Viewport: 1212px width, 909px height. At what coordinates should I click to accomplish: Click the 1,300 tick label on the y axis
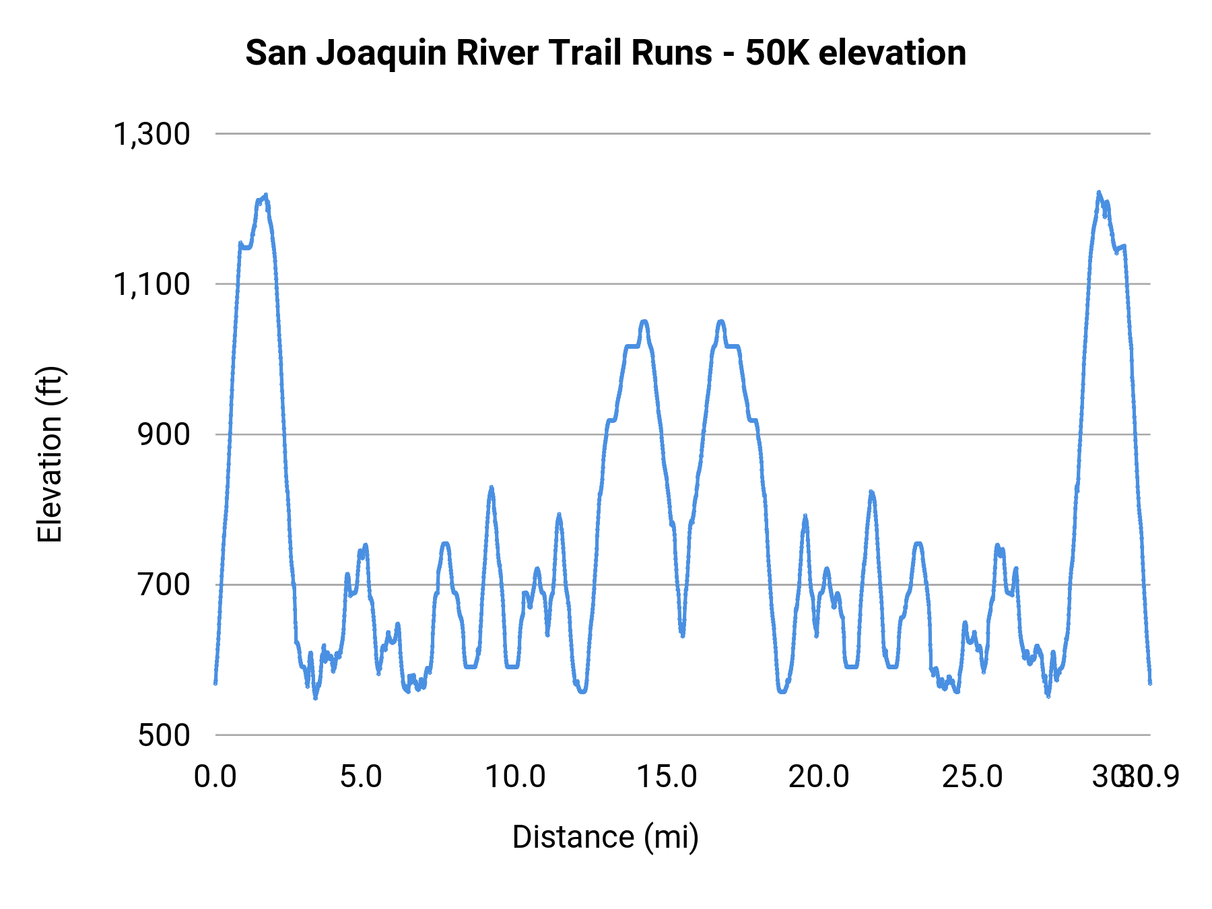pyautogui.click(x=151, y=134)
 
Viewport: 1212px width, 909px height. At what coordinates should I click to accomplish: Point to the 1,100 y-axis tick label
pyautogui.click(x=151, y=284)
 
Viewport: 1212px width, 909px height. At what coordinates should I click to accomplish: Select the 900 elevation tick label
pyautogui.click(x=164, y=434)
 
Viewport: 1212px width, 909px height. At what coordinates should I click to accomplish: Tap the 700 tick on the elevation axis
pyautogui.click(x=164, y=584)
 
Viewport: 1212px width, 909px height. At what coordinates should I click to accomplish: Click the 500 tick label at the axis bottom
pyautogui.click(x=164, y=735)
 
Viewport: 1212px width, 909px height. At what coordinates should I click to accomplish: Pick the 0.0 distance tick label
pyautogui.click(x=215, y=776)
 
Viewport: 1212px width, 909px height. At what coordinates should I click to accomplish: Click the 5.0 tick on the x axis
pyautogui.click(x=361, y=776)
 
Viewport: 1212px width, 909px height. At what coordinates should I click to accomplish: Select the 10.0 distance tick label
pyautogui.click(x=515, y=776)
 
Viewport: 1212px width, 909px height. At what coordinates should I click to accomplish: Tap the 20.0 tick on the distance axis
pyautogui.click(x=819, y=776)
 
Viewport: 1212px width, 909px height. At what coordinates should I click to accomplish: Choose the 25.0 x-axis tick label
pyautogui.click(x=972, y=776)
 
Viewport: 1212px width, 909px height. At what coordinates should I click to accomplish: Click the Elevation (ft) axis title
pyautogui.click(x=50, y=454)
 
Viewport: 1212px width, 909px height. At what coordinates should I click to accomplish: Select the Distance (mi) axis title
pyautogui.click(x=605, y=837)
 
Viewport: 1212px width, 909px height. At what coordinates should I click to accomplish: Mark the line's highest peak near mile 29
pyautogui.click(x=1098, y=193)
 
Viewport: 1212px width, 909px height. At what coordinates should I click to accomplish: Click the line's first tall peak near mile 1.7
pyautogui.click(x=266, y=195)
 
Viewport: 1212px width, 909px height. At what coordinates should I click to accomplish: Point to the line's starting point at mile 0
pyautogui.click(x=215, y=682)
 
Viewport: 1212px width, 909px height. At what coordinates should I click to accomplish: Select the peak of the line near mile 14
pyautogui.click(x=644, y=322)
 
